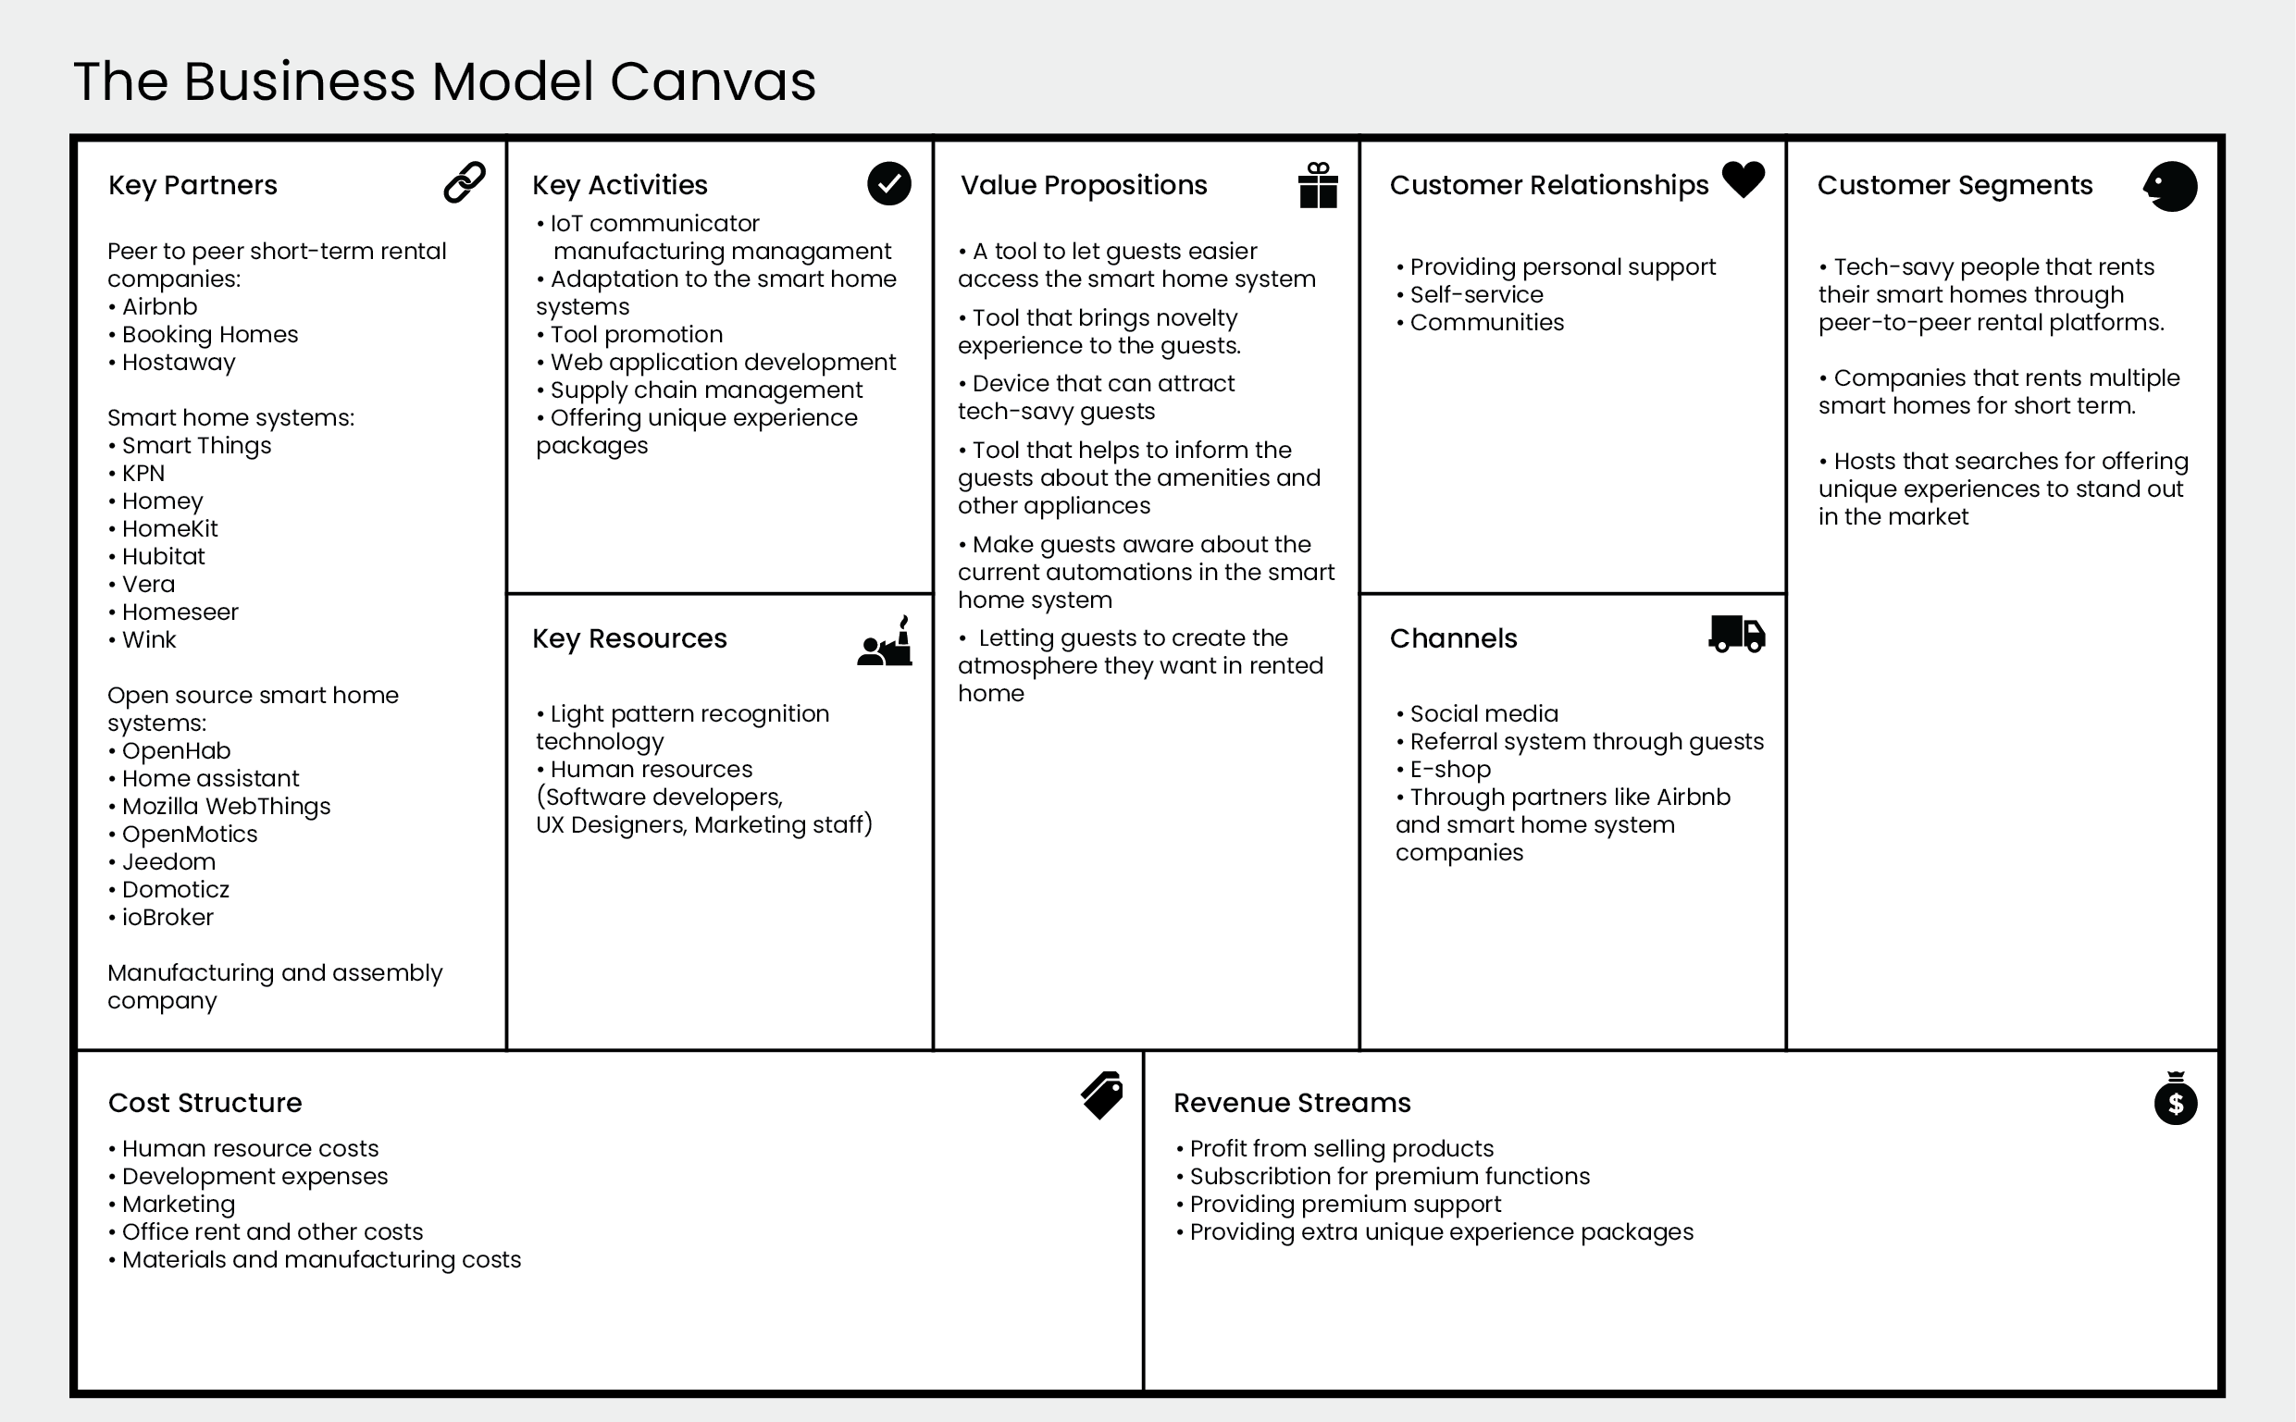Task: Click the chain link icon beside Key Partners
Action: (465, 182)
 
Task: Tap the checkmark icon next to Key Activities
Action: (888, 183)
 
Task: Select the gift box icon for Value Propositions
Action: (1318, 184)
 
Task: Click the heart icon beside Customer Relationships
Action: (1743, 179)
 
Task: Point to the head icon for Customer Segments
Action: (2170, 186)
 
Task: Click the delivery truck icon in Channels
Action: (1736, 634)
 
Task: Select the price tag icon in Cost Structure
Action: (1101, 1094)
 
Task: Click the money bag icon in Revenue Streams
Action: (2175, 1098)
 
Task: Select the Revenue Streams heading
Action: (1291, 1102)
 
